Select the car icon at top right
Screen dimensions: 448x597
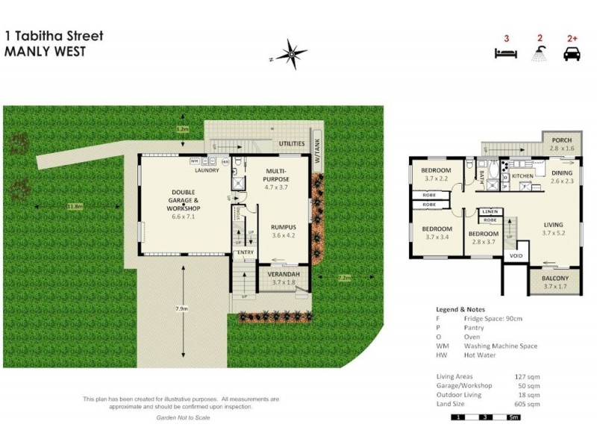coord(572,54)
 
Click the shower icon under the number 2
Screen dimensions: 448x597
coord(537,54)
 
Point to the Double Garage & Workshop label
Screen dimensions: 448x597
coord(184,200)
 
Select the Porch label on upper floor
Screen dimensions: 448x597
coord(562,140)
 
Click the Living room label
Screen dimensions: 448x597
coord(553,225)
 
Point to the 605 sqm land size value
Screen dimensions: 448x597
coord(529,403)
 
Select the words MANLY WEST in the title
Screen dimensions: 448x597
coord(45,52)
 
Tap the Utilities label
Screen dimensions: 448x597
coord(291,143)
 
